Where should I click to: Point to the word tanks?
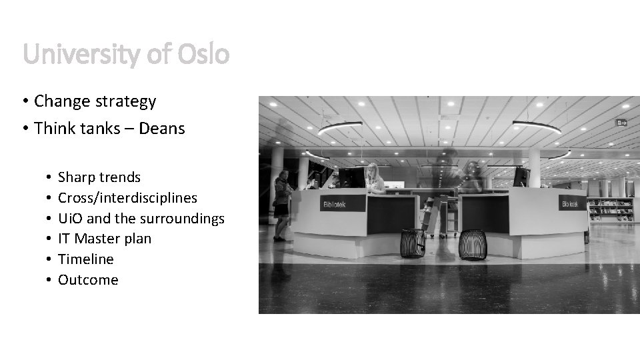coord(102,127)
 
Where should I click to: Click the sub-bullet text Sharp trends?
coord(99,177)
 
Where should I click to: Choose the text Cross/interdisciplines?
coord(127,198)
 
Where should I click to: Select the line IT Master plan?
coord(105,239)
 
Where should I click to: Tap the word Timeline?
coord(86,259)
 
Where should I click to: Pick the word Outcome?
coord(88,280)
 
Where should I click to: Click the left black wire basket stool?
coord(413,243)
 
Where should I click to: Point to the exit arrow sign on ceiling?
coord(621,123)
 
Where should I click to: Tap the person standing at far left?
coord(281,204)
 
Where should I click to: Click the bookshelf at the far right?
coord(610,209)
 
